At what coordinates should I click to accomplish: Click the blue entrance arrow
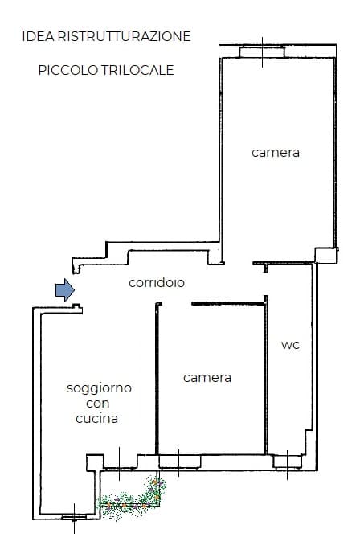tap(65, 290)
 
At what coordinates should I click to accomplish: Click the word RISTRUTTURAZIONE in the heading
tap(124, 36)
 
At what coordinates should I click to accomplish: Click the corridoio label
tap(157, 282)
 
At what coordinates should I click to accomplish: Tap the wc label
tap(290, 345)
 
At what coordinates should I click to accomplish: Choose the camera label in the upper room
tap(276, 153)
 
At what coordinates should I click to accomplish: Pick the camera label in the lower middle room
tap(207, 378)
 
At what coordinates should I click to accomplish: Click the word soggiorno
tap(99, 388)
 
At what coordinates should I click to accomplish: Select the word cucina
tap(96, 418)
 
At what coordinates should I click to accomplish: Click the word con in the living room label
tap(97, 404)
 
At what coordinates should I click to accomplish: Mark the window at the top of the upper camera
tap(262, 52)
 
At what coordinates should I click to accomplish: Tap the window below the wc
tap(287, 462)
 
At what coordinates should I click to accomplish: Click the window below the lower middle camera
tap(179, 462)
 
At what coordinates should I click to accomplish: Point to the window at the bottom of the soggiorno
tap(74, 517)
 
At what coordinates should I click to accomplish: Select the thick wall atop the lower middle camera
tap(228, 304)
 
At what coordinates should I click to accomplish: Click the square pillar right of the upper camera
tap(326, 256)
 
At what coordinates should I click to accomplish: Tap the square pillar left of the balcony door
tap(95, 462)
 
